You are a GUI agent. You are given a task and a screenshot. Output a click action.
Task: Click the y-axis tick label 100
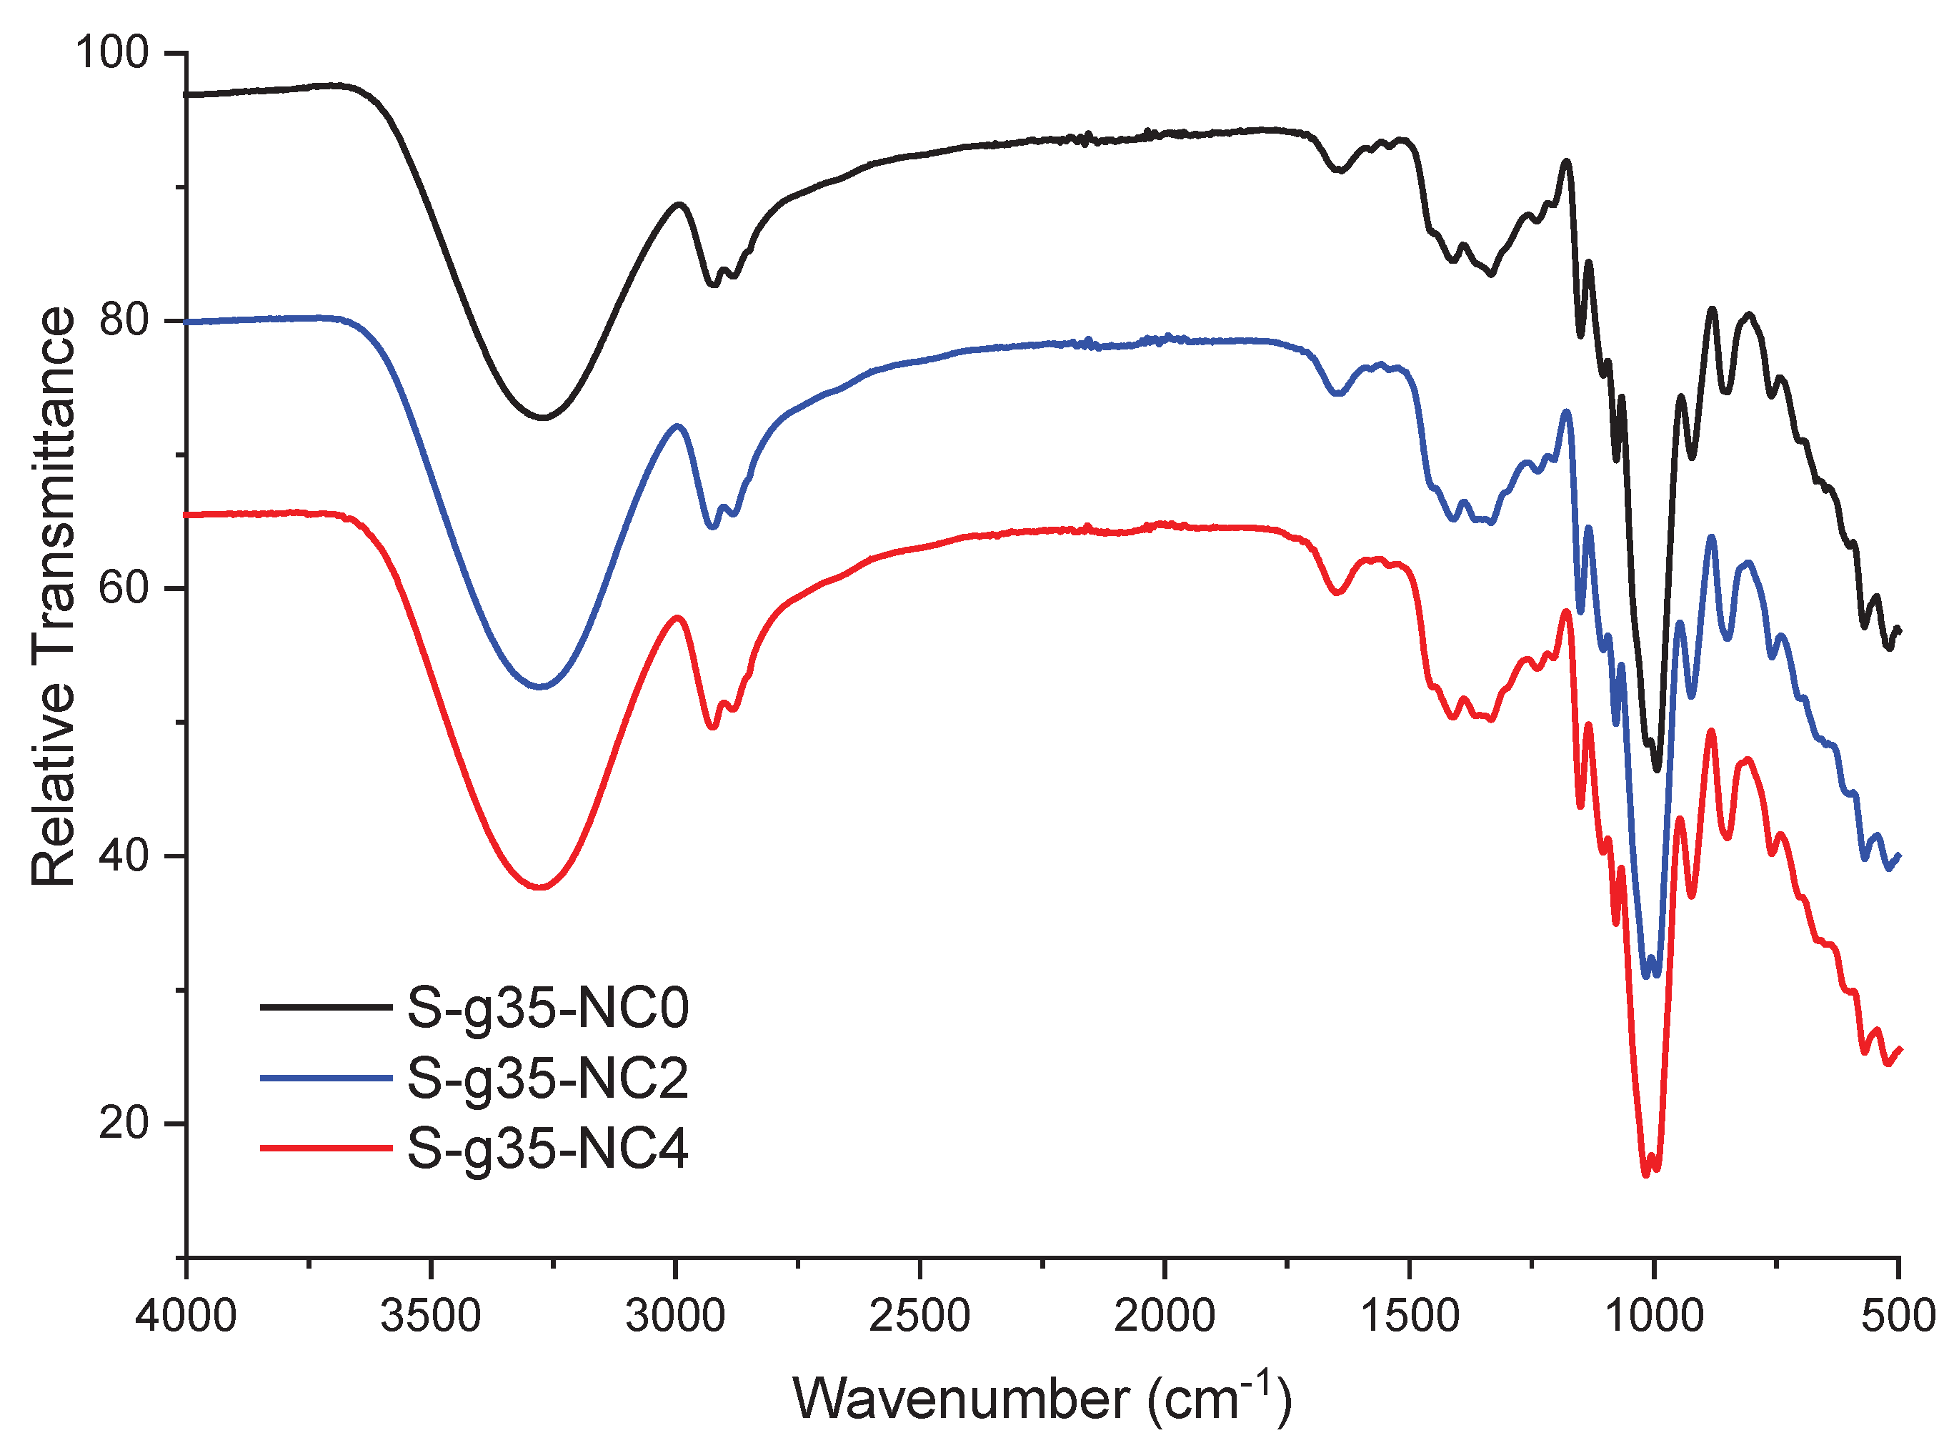(x=113, y=53)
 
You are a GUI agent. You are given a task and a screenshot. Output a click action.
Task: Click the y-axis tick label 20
(x=123, y=1124)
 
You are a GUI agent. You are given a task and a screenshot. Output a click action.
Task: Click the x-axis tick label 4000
(x=186, y=1316)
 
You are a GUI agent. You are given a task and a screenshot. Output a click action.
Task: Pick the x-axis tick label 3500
(x=431, y=1316)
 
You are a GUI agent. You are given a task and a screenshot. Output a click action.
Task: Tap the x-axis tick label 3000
(x=675, y=1316)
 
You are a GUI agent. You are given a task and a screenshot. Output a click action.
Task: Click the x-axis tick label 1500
(x=1410, y=1316)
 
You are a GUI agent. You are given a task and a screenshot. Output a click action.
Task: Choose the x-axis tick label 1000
(x=1654, y=1316)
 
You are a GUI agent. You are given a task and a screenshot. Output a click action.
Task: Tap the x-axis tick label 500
(x=1899, y=1316)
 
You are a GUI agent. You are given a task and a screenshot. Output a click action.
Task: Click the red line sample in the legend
(x=325, y=1148)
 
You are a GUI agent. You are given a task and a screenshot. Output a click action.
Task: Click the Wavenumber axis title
(x=1042, y=1399)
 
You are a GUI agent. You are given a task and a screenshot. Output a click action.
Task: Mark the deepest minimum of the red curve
(x=1646, y=1174)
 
